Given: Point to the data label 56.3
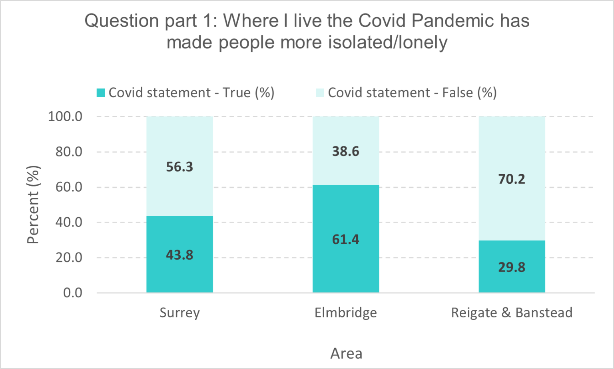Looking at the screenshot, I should point(179,167).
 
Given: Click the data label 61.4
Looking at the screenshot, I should point(345,240).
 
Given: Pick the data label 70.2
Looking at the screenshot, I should point(512,179).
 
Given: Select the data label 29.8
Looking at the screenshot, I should point(512,267).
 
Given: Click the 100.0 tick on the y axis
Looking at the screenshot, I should point(65,116).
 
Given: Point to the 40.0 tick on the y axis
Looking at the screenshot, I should point(69,222).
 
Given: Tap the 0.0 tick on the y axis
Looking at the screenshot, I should point(72,293).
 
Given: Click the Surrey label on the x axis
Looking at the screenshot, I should point(179,313).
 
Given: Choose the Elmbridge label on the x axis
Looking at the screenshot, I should point(345,313).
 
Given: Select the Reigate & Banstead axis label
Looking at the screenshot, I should point(512,313).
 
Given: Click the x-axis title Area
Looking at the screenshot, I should point(346,354).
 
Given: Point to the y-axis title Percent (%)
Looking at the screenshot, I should point(33,205).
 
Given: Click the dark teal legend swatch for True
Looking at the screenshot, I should point(101,93).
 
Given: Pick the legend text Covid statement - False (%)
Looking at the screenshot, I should point(412,93).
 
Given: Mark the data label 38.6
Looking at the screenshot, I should point(345,151).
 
